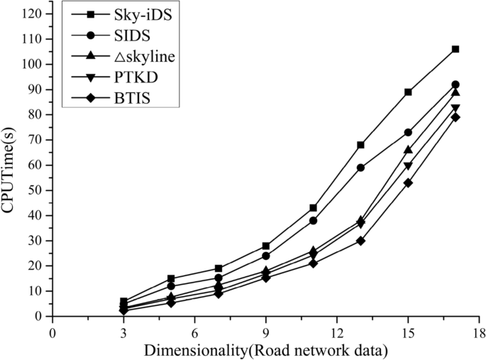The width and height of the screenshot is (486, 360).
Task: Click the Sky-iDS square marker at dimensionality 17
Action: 455,49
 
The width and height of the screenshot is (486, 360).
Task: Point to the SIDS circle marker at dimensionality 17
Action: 455,84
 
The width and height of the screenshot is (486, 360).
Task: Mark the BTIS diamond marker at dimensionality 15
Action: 408,182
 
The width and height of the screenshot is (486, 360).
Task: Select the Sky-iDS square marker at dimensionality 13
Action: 360,145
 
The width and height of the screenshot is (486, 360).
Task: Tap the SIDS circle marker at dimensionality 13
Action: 360,168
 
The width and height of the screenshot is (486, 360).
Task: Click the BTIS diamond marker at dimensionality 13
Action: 360,241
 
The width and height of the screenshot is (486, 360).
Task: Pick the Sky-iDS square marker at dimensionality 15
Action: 408,92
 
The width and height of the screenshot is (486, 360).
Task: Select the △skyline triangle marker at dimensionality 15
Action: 408,150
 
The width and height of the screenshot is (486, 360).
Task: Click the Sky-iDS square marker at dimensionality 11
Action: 313,208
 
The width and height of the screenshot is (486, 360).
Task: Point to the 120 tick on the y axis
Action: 53,13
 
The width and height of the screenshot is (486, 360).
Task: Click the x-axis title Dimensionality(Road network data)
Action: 266,349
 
